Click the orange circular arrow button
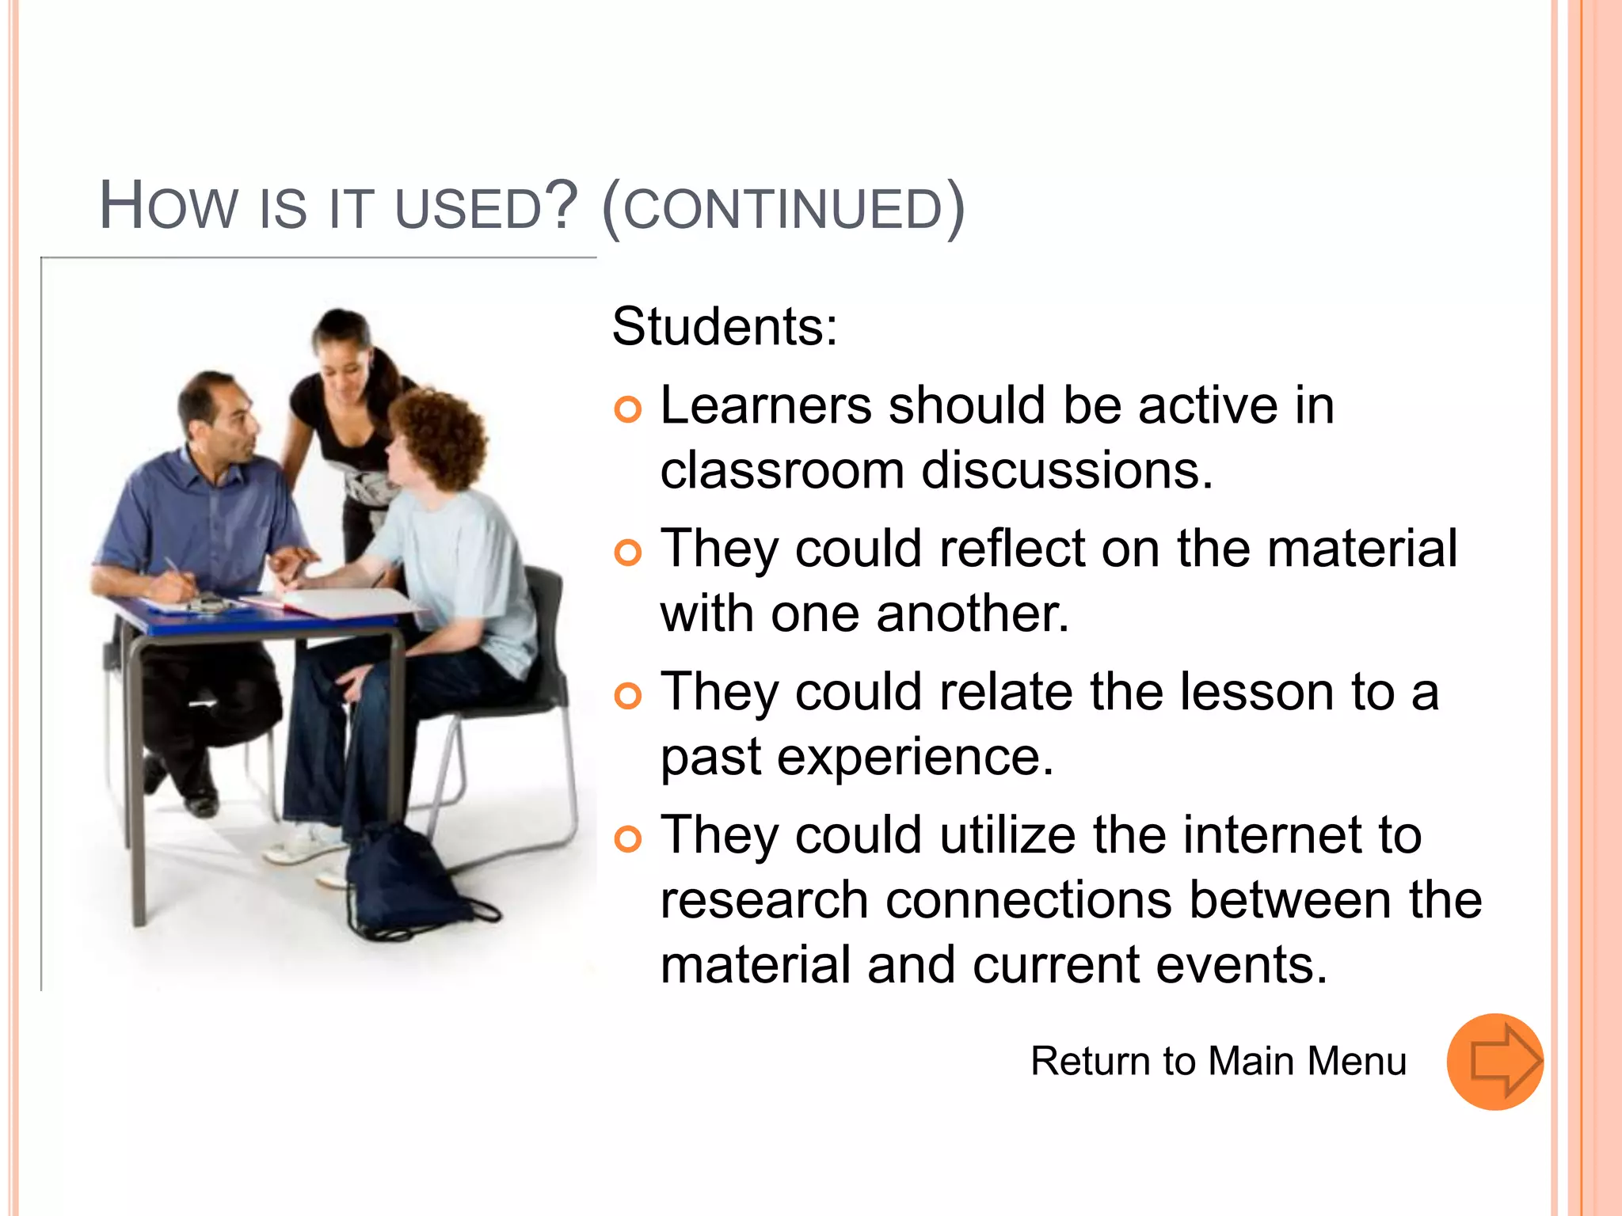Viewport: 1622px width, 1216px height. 1494,1062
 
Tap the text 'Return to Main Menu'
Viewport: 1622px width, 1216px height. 1218,1061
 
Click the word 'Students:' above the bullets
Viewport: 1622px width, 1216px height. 724,326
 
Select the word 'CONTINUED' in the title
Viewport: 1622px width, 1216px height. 782,209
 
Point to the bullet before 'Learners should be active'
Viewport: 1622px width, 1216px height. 627,409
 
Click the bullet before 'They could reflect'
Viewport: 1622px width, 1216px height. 627,553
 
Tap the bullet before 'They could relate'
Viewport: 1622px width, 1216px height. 627,696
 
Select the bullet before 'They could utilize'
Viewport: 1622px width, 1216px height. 627,839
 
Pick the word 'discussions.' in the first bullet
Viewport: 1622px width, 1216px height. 1067,470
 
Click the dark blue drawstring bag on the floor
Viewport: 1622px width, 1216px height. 403,883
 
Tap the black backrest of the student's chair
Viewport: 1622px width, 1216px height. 546,625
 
